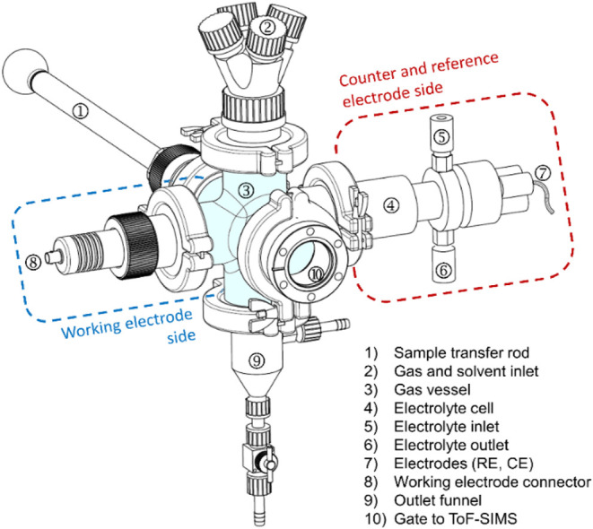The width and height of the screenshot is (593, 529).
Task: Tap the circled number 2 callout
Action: [x=267, y=27]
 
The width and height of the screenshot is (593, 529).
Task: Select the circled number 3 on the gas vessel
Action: [x=246, y=190]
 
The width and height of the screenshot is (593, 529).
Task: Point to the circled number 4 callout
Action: [x=391, y=205]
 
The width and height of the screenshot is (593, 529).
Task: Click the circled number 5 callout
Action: [x=441, y=137]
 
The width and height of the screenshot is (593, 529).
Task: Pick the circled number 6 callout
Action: [x=443, y=270]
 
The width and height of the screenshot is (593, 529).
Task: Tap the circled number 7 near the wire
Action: [x=543, y=173]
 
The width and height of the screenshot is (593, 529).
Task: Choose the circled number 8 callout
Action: [x=33, y=262]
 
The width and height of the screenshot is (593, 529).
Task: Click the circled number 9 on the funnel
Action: [x=257, y=360]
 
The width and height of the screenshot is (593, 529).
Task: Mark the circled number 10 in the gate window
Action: [x=316, y=273]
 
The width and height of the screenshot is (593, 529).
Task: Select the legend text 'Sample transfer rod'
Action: [x=461, y=352]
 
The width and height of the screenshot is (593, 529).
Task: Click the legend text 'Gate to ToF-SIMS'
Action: [x=456, y=518]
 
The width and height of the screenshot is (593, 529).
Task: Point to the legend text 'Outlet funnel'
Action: [x=438, y=500]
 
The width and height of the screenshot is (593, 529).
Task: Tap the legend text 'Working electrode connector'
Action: [x=493, y=481]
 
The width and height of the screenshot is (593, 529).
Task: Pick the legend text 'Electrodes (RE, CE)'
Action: [x=464, y=464]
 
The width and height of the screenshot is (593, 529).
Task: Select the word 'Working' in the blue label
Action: [x=92, y=327]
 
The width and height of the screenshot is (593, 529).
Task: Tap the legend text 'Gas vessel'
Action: [x=432, y=389]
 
